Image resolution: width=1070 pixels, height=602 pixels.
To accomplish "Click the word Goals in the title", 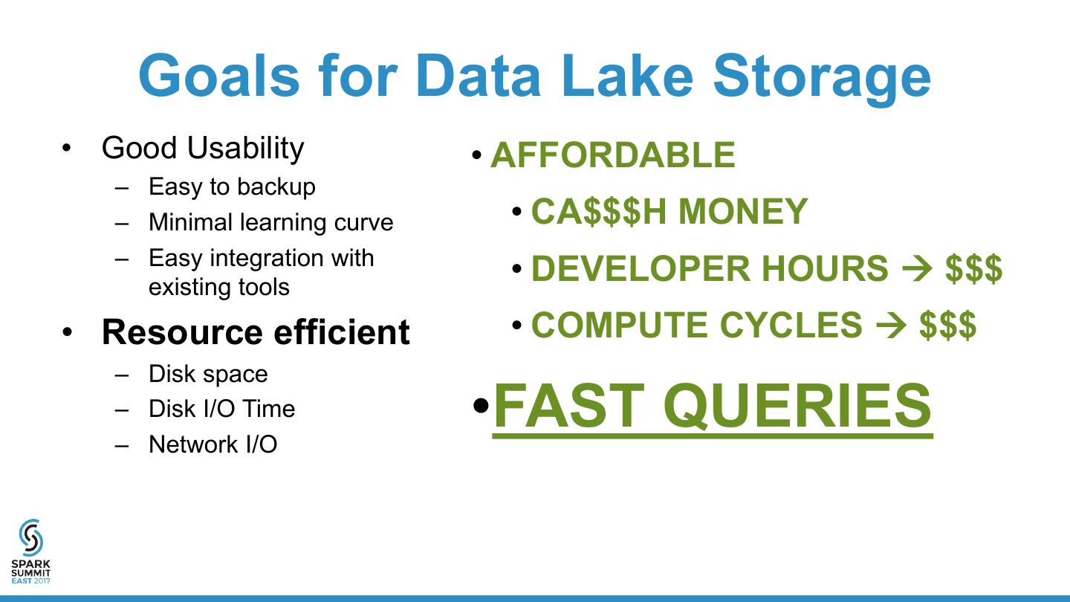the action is [219, 76].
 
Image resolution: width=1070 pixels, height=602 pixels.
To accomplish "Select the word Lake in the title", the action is [626, 76].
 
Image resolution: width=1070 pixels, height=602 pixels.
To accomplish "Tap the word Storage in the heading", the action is [822, 79].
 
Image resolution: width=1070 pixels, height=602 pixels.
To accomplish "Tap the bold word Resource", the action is [182, 331].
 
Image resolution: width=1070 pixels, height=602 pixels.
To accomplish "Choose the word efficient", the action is [342, 331].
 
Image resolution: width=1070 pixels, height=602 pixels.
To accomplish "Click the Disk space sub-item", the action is [208, 374].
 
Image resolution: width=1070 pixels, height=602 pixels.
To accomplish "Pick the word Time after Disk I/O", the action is [268, 409].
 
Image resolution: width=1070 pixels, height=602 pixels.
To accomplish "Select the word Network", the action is [193, 444].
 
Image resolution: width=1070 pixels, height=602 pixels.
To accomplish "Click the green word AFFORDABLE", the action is [613, 155].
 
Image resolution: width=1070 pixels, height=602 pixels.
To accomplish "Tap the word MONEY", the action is [743, 211].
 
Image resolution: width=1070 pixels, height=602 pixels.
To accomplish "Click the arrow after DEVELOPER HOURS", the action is [917, 268].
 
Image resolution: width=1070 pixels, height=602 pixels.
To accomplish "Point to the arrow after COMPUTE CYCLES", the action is [891, 326].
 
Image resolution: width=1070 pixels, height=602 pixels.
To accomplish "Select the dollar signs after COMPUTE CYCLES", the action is [947, 326].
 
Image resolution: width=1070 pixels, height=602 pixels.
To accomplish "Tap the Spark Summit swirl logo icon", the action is [31, 538].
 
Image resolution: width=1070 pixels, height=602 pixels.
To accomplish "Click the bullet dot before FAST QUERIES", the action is [481, 406].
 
